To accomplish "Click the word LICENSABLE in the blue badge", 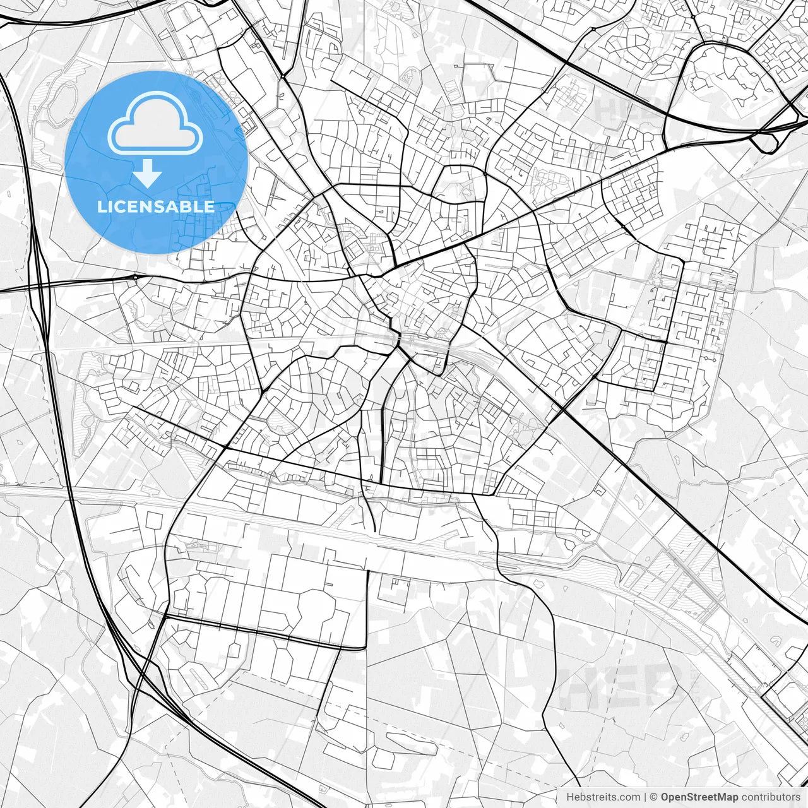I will (x=156, y=206).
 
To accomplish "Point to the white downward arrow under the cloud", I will (x=148, y=172).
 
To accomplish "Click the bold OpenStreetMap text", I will (x=699, y=797).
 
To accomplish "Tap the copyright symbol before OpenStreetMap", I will (x=654, y=797).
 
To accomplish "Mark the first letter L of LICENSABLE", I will (x=102, y=206).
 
